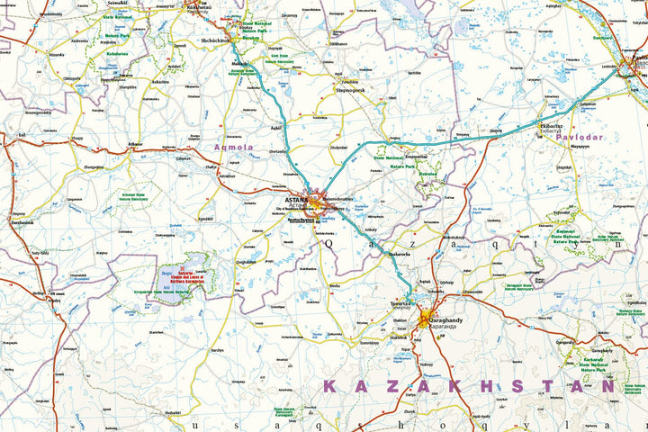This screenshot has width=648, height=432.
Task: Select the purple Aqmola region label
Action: pyautogui.click(x=234, y=147)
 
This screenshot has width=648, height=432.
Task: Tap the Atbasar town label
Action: pyautogui.click(x=136, y=143)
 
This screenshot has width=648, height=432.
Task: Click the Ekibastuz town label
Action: pyautogui.click(x=551, y=125)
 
